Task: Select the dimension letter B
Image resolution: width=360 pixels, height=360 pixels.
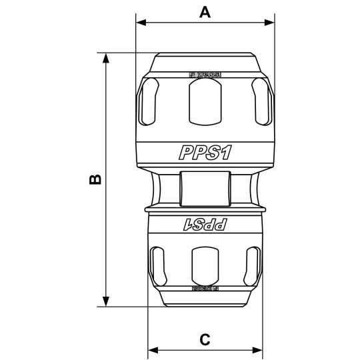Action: point(95,180)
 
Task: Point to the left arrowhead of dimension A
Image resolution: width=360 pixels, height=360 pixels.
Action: point(140,22)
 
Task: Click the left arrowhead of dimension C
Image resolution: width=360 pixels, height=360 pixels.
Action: point(152,350)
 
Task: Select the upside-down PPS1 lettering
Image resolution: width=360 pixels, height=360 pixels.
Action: point(205,225)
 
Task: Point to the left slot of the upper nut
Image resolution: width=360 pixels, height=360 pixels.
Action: point(151,101)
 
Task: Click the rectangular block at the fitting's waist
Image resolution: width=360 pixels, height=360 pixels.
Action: point(205,188)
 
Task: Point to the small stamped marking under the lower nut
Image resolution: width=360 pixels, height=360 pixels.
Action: point(205,288)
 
